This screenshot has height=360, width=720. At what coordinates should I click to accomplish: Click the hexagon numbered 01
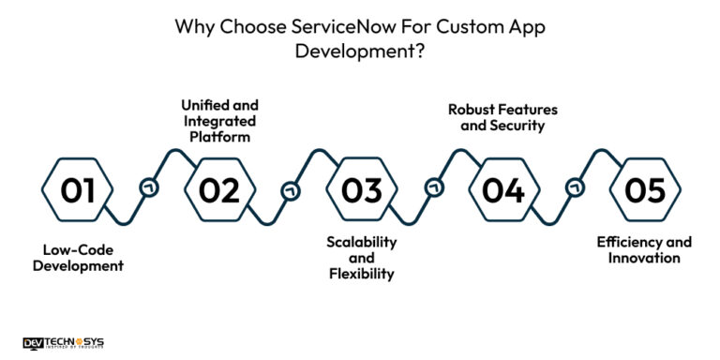[x=78, y=191]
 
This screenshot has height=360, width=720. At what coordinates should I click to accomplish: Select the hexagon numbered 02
[x=219, y=191]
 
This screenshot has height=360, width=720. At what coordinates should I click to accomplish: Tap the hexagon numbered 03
[x=361, y=191]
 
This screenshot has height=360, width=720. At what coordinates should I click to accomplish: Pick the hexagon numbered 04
[x=502, y=191]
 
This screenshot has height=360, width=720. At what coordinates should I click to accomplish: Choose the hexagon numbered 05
[x=644, y=191]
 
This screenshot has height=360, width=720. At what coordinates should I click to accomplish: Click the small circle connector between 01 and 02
[x=148, y=187]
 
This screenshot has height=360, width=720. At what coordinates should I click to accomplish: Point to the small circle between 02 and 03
[x=290, y=191]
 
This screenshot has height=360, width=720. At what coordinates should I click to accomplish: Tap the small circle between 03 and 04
[x=432, y=187]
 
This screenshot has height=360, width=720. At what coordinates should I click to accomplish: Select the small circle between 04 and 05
[x=574, y=191]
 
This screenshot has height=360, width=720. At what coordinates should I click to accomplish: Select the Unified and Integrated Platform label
[x=219, y=119]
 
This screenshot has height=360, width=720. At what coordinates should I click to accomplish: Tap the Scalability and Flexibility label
[x=361, y=257]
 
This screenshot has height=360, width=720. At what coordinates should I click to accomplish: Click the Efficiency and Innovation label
[x=644, y=249]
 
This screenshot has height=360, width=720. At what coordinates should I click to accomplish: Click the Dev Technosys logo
[x=65, y=343]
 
